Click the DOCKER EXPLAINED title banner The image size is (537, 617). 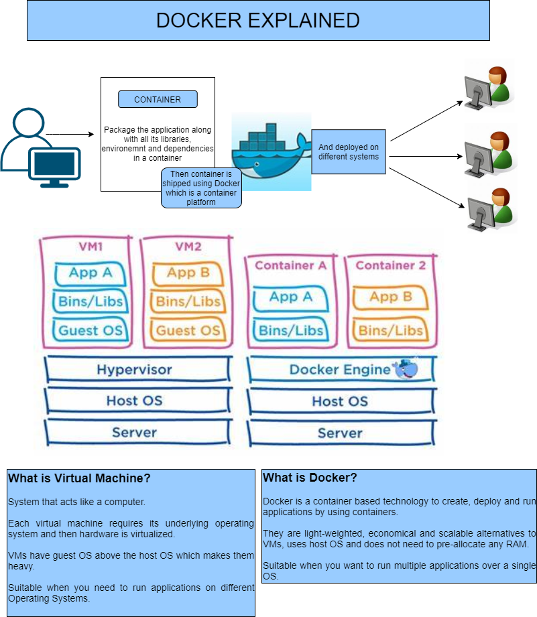(258, 20)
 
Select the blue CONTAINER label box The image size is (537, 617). (158, 99)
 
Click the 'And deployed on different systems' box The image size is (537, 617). (348, 151)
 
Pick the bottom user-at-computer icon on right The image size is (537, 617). (489, 208)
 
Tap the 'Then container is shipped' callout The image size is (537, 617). (201, 188)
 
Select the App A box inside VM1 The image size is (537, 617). (91, 273)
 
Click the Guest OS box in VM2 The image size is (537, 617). (188, 330)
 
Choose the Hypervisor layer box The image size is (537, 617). (135, 369)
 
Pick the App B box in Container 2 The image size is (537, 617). (392, 297)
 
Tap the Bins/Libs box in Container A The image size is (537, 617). (291, 330)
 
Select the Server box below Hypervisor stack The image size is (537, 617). (135, 432)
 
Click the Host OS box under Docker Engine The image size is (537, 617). (340, 401)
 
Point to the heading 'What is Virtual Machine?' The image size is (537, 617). (79, 478)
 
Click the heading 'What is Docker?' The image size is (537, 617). (310, 478)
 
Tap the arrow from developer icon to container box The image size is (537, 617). (70, 135)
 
